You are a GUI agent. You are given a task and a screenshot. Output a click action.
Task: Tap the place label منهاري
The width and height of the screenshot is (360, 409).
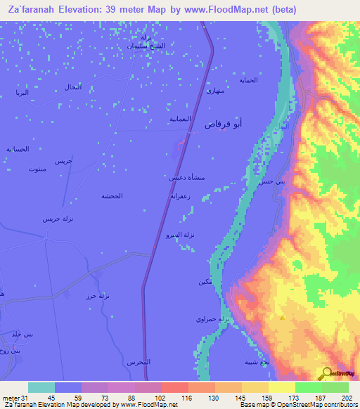tap(214, 91)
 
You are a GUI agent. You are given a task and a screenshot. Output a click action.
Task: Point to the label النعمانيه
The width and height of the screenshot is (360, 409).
tap(181, 119)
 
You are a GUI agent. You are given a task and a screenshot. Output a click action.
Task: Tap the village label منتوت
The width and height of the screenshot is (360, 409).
tap(38, 169)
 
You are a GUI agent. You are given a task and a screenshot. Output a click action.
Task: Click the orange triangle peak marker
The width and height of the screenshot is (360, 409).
tap(282, 318)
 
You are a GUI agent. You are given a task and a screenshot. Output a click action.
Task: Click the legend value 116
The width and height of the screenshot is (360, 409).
tap(188, 397)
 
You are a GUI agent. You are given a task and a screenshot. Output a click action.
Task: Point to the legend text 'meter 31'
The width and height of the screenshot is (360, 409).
tap(15, 397)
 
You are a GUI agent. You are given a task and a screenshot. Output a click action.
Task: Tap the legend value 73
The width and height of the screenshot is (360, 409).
tap(108, 397)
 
